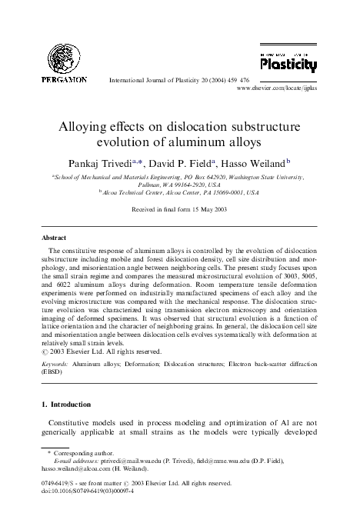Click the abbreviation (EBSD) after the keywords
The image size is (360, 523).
54,368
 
